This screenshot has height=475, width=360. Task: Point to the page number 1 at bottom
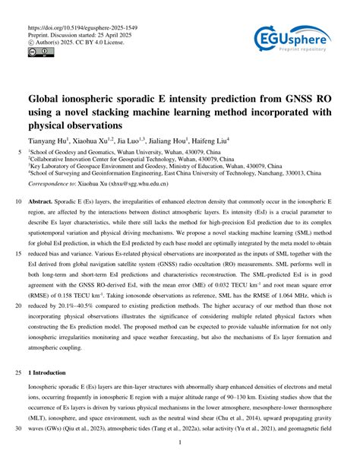[179, 443]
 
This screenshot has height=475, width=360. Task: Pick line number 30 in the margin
[18, 427]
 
